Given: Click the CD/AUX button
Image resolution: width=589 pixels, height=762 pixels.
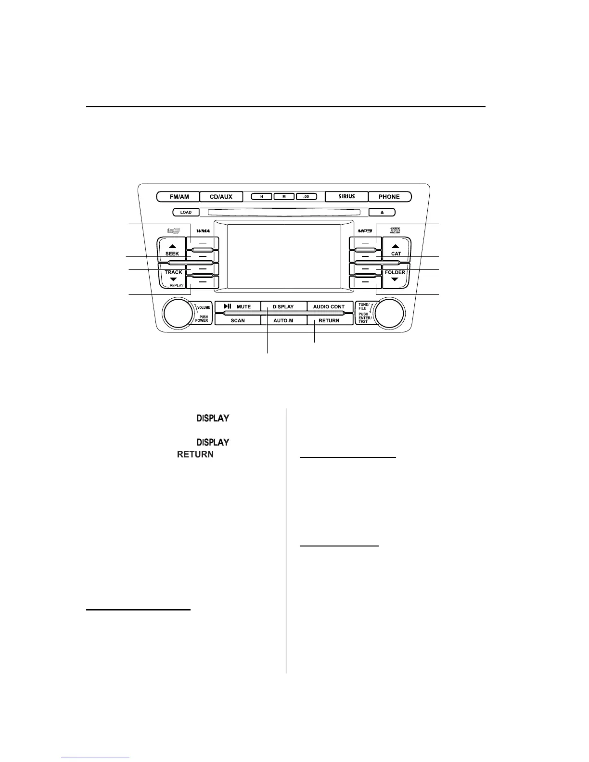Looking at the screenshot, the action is (x=221, y=197).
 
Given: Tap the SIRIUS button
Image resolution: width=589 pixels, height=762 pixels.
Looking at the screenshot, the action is (x=346, y=197).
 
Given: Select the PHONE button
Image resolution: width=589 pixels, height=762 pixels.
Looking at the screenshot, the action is (x=389, y=197).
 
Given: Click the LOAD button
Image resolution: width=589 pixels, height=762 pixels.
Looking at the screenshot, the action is (x=186, y=212).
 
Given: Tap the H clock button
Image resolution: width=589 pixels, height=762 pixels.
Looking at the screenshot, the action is (x=262, y=197).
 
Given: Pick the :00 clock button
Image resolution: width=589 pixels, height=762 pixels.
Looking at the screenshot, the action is (x=307, y=197).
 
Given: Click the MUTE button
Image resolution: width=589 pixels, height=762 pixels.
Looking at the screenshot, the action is (x=238, y=306).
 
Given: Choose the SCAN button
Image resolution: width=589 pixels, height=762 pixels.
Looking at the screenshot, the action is (x=238, y=320).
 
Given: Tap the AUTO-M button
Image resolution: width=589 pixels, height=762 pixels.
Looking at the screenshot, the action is (x=283, y=320).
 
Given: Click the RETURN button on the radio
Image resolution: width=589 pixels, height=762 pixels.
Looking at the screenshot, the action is (x=329, y=320).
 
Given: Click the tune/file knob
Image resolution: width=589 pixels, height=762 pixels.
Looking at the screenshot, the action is (x=389, y=313).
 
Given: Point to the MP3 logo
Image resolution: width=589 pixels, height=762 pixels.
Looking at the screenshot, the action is (x=365, y=231).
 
